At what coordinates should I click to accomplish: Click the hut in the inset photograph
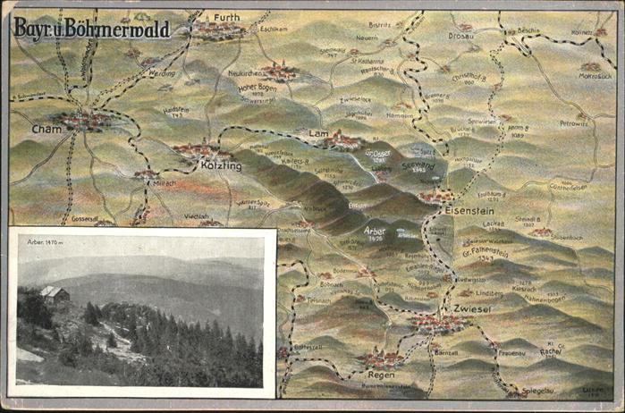(x=53, y=293)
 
